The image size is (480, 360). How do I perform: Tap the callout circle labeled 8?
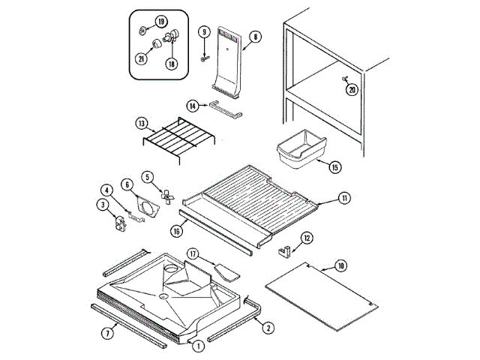pyautogui.click(x=255, y=36)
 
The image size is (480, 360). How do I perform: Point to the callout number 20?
pyautogui.click(x=352, y=89)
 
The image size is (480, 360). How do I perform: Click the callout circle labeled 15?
pyautogui.click(x=334, y=168)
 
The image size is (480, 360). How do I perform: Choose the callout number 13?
pyautogui.click(x=141, y=123)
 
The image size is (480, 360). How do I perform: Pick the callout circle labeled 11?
pyautogui.click(x=343, y=199)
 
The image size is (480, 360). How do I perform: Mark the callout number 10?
pyautogui.click(x=341, y=266)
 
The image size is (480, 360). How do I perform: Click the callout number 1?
pyautogui.click(x=198, y=346)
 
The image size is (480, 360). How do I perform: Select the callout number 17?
pyautogui.click(x=193, y=255)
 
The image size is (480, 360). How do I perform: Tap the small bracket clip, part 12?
pyautogui.click(x=285, y=246)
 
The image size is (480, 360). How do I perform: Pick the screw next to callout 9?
pyautogui.click(x=202, y=53)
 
